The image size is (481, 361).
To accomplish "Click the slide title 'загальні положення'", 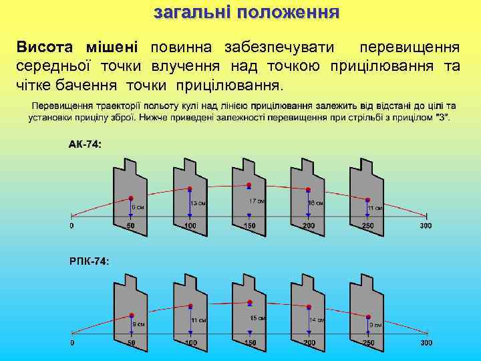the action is (x=247, y=13).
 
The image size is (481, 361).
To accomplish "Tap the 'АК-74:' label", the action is (x=85, y=144).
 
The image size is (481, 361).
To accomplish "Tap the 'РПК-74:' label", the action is (x=89, y=261).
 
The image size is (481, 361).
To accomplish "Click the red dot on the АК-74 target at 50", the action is (x=131, y=198).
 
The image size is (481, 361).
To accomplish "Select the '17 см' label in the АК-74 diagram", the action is (x=257, y=201).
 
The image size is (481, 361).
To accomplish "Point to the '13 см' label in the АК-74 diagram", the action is (x=198, y=203).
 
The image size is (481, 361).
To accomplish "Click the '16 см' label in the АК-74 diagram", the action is (x=315, y=203).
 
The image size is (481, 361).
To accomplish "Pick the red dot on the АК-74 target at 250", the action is (x=367, y=199).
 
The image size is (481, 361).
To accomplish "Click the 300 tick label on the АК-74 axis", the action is (x=426, y=226).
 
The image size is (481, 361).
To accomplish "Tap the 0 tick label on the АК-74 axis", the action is (x=72, y=226).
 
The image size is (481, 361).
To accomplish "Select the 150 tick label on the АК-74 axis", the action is (x=249, y=226).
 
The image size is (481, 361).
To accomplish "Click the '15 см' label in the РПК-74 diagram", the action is (x=257, y=318).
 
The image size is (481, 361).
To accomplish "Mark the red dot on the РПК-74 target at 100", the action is (x=190, y=308).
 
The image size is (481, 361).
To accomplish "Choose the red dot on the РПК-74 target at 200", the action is (x=308, y=307).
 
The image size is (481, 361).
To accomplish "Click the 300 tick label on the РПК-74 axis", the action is (x=426, y=343).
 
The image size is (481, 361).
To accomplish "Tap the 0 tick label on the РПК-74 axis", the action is (x=72, y=343).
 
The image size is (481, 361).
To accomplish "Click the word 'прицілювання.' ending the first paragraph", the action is (x=230, y=86).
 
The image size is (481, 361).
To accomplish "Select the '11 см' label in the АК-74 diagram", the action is (x=375, y=207).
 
